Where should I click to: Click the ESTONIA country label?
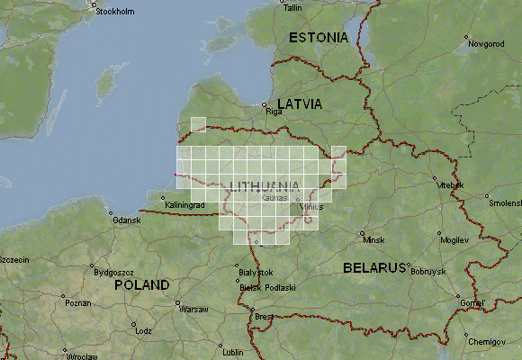318,38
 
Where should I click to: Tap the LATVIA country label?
300,104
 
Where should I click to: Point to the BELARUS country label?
374,268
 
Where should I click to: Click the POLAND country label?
142,284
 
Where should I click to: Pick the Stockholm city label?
115,12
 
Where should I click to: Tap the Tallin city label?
292,7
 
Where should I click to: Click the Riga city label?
274,112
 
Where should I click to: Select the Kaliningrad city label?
187,205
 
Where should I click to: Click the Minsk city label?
373,240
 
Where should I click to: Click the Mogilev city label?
455,241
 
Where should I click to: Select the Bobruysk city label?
427,271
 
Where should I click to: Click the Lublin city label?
233,352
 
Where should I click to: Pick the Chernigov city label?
487,343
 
